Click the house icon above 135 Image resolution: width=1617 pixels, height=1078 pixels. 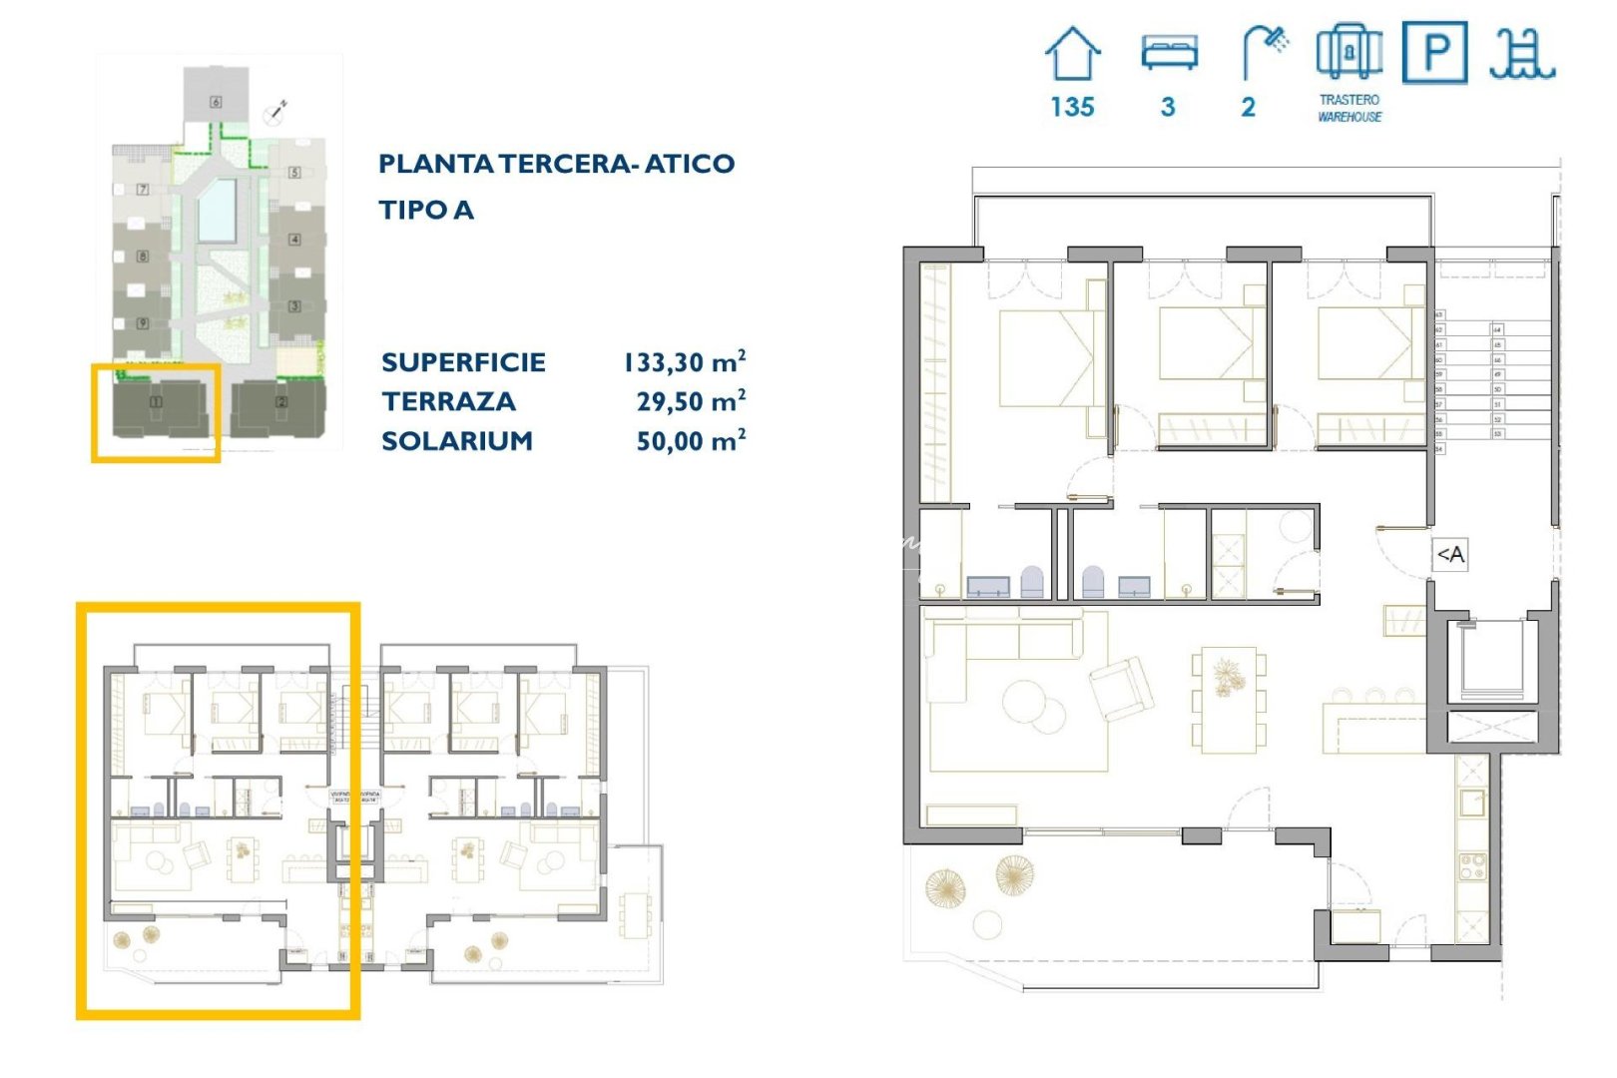(x=1072, y=54)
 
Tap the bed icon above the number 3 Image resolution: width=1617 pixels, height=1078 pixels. (x=1169, y=52)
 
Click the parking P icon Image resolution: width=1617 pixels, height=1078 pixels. (x=1434, y=52)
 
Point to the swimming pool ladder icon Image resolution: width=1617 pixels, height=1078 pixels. (x=1522, y=54)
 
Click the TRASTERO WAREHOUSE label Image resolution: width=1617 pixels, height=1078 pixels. (x=1349, y=108)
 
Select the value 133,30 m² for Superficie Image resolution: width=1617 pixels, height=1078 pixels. (x=685, y=361)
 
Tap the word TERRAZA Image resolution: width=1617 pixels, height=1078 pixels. (x=449, y=401)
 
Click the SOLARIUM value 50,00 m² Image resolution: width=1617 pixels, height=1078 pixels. (x=691, y=440)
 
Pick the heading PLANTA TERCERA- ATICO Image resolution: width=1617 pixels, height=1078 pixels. (x=556, y=164)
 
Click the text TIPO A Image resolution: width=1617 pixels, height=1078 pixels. (x=426, y=210)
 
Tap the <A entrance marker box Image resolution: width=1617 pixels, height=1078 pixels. (x=1450, y=554)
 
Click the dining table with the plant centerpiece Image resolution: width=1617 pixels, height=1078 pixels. (x=1228, y=699)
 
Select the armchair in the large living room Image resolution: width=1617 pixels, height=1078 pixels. (x=1122, y=688)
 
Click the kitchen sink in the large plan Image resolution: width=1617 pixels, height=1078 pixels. (x=1472, y=802)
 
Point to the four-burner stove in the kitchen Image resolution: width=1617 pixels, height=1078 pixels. (x=1472, y=865)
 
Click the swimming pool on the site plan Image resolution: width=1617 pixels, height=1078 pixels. (x=217, y=210)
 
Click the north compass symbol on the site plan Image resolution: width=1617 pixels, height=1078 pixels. (x=274, y=113)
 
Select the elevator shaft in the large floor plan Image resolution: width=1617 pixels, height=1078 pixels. (x=1491, y=660)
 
